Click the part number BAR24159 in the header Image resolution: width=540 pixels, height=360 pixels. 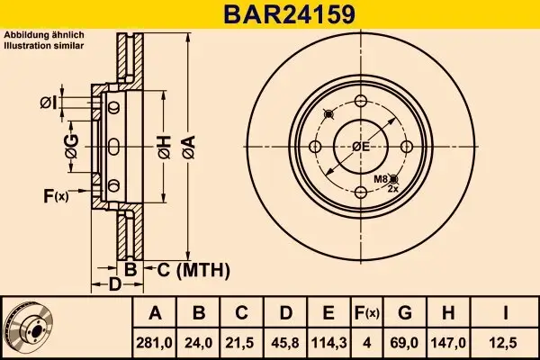point(289,14)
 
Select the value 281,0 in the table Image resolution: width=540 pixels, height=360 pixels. point(154,343)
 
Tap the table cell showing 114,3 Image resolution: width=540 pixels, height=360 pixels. point(328,343)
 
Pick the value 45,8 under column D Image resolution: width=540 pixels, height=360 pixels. point(285,343)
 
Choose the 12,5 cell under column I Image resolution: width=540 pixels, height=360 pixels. point(505,343)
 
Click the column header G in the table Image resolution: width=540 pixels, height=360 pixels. point(405,313)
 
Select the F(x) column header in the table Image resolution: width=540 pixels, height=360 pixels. point(367,313)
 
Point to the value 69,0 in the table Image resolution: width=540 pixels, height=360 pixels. point(405,343)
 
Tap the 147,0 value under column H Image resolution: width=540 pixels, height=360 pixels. point(448,343)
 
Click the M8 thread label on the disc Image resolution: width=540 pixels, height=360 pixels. point(381,179)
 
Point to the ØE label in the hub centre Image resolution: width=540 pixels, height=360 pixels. point(361,147)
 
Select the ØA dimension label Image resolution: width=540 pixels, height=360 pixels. point(189,148)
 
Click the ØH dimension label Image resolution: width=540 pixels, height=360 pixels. point(165,148)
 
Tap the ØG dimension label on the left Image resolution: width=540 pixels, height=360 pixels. point(72,147)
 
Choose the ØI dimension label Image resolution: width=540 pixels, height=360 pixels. point(49,103)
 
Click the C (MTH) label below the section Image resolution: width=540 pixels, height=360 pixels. point(193,270)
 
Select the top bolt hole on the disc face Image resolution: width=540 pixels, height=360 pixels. point(361,102)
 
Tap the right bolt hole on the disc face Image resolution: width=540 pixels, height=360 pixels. point(407,147)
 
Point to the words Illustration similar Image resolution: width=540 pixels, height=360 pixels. point(44,46)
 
